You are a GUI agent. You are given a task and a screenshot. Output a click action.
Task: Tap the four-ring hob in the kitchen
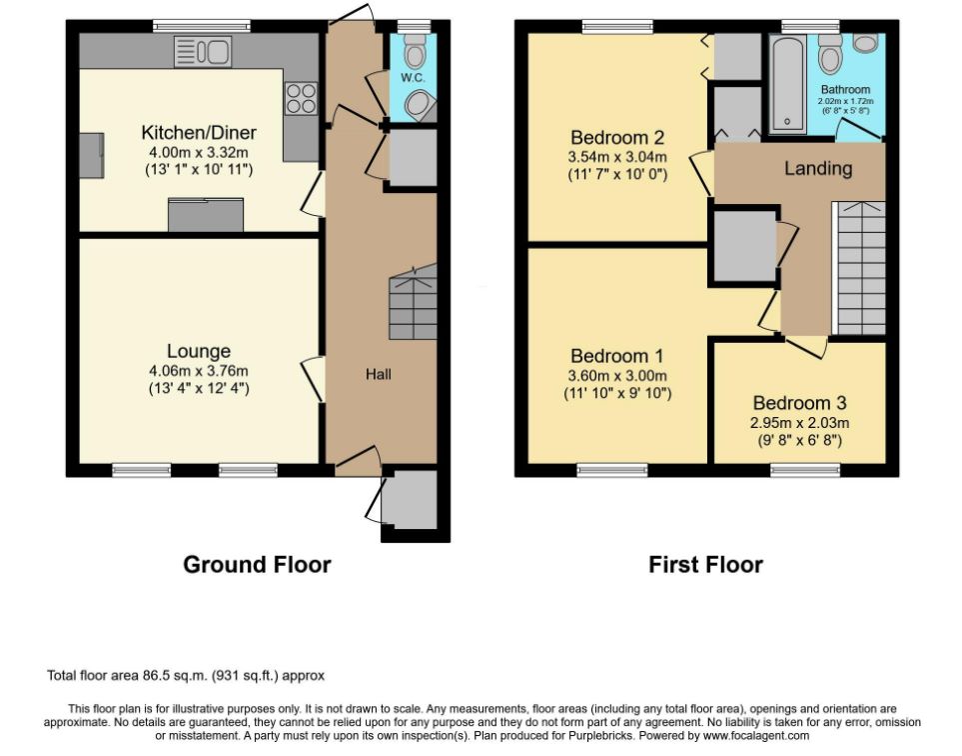coord(302,98)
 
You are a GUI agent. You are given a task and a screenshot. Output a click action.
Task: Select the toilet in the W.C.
coord(415,50)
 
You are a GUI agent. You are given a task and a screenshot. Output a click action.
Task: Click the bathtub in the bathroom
coord(788,84)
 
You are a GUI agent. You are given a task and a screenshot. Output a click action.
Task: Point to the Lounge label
coord(199,351)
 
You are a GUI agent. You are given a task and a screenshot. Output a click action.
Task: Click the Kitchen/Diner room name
coord(199,132)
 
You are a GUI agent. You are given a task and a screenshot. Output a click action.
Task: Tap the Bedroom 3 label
coord(799,403)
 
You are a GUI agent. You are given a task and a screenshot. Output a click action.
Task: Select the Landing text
coord(818,168)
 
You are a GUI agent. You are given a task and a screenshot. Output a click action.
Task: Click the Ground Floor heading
coord(257,564)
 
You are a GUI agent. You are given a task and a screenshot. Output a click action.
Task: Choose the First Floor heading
coord(705,564)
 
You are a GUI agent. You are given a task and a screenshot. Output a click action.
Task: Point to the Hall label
coord(379,374)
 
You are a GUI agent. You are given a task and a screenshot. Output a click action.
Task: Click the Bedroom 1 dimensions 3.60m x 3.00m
coord(617,376)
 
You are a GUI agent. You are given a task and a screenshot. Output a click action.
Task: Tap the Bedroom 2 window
coord(617,26)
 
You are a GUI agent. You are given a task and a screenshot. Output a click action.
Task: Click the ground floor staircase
coord(413,302)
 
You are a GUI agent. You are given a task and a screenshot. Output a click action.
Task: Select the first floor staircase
coord(859,268)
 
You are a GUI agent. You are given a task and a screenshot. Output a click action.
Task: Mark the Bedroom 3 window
coord(805,470)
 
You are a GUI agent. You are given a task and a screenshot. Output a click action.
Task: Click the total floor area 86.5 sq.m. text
coord(185,676)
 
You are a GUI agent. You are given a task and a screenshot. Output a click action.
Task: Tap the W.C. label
coord(413,78)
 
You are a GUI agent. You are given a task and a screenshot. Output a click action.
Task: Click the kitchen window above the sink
coord(202,26)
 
